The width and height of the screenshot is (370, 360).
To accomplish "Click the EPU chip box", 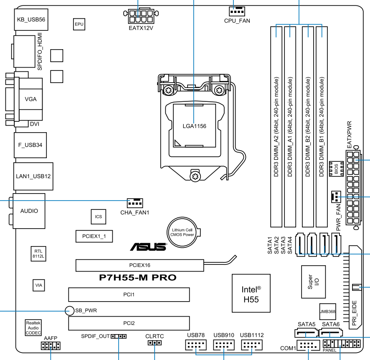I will click(79, 25).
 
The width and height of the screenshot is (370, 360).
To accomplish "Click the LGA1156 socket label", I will click(195, 125).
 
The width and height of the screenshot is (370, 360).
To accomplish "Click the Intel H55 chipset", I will click(251, 294).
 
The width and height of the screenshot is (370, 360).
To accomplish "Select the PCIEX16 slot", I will click(139, 265).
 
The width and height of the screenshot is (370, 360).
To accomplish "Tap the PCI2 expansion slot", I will click(129, 323).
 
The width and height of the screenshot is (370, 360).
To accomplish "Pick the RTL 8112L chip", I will click(38, 254).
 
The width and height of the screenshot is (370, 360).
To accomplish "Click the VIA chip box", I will click(39, 285).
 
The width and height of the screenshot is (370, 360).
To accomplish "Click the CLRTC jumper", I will click(155, 343).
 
